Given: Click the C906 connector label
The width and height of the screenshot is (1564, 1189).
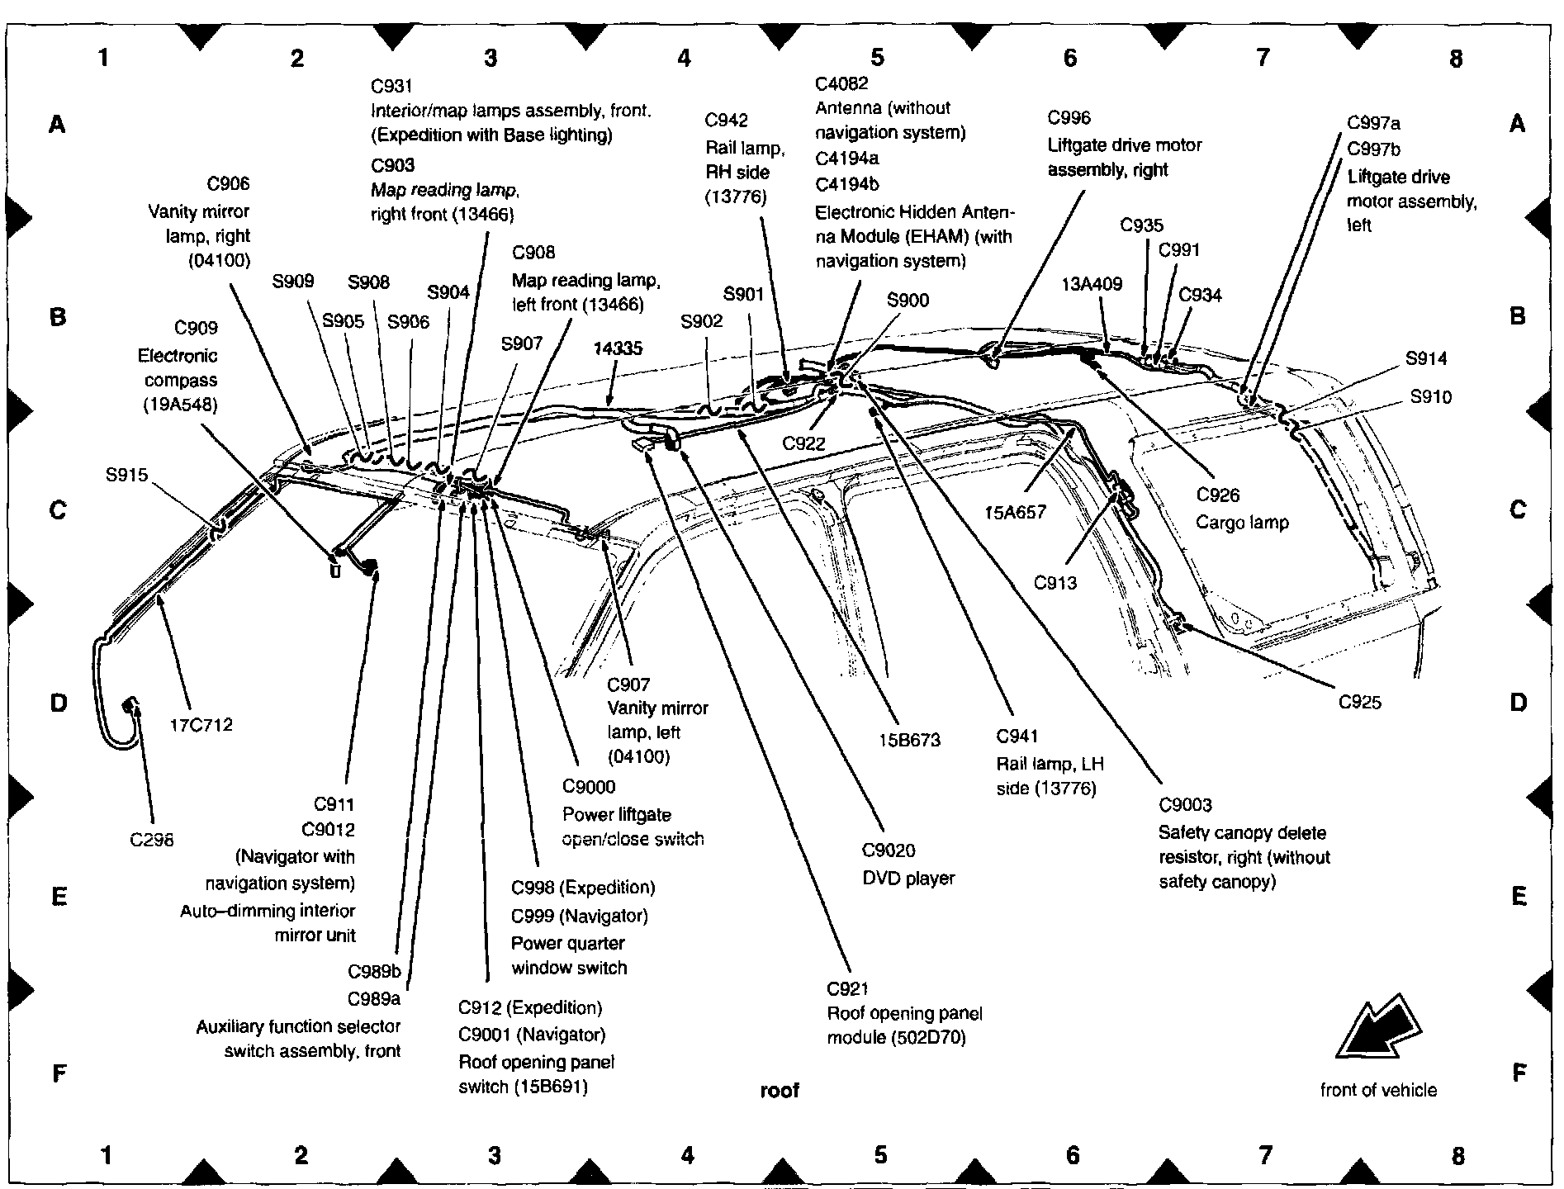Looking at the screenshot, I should point(228,184).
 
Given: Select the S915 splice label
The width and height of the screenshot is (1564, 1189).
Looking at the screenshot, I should point(126,475).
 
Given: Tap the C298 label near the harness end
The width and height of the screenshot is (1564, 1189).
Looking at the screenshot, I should point(153,840).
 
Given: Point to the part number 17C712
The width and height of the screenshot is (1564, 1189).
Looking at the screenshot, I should point(201,725).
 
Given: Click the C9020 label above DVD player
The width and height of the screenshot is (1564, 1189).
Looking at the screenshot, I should point(889,850).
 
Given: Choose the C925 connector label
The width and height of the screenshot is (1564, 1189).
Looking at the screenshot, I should point(1359,703).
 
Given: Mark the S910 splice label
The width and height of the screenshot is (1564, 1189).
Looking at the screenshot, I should point(1430,397).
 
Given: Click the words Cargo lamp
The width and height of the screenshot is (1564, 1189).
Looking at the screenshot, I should point(1243,522).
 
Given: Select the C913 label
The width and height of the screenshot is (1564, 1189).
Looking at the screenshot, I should point(1055,583).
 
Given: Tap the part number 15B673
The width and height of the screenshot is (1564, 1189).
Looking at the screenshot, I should point(910,740).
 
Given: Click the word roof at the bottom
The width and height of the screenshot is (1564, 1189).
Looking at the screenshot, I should point(780,1091).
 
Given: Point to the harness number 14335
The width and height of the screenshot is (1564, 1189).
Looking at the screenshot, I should point(617,348).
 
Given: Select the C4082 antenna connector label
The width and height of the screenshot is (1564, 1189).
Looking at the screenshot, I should point(841,83).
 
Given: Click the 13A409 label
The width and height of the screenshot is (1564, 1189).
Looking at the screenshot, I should point(1092,285).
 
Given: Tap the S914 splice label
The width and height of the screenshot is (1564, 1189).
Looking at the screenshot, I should point(1426,358).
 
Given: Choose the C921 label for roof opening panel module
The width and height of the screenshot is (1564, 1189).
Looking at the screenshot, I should point(847,988).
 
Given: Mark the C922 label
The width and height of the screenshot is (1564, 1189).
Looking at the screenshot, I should point(803,443).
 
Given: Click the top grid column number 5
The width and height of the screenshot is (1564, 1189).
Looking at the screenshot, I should point(877,58).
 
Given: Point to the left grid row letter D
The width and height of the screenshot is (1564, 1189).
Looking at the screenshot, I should point(58,703).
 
